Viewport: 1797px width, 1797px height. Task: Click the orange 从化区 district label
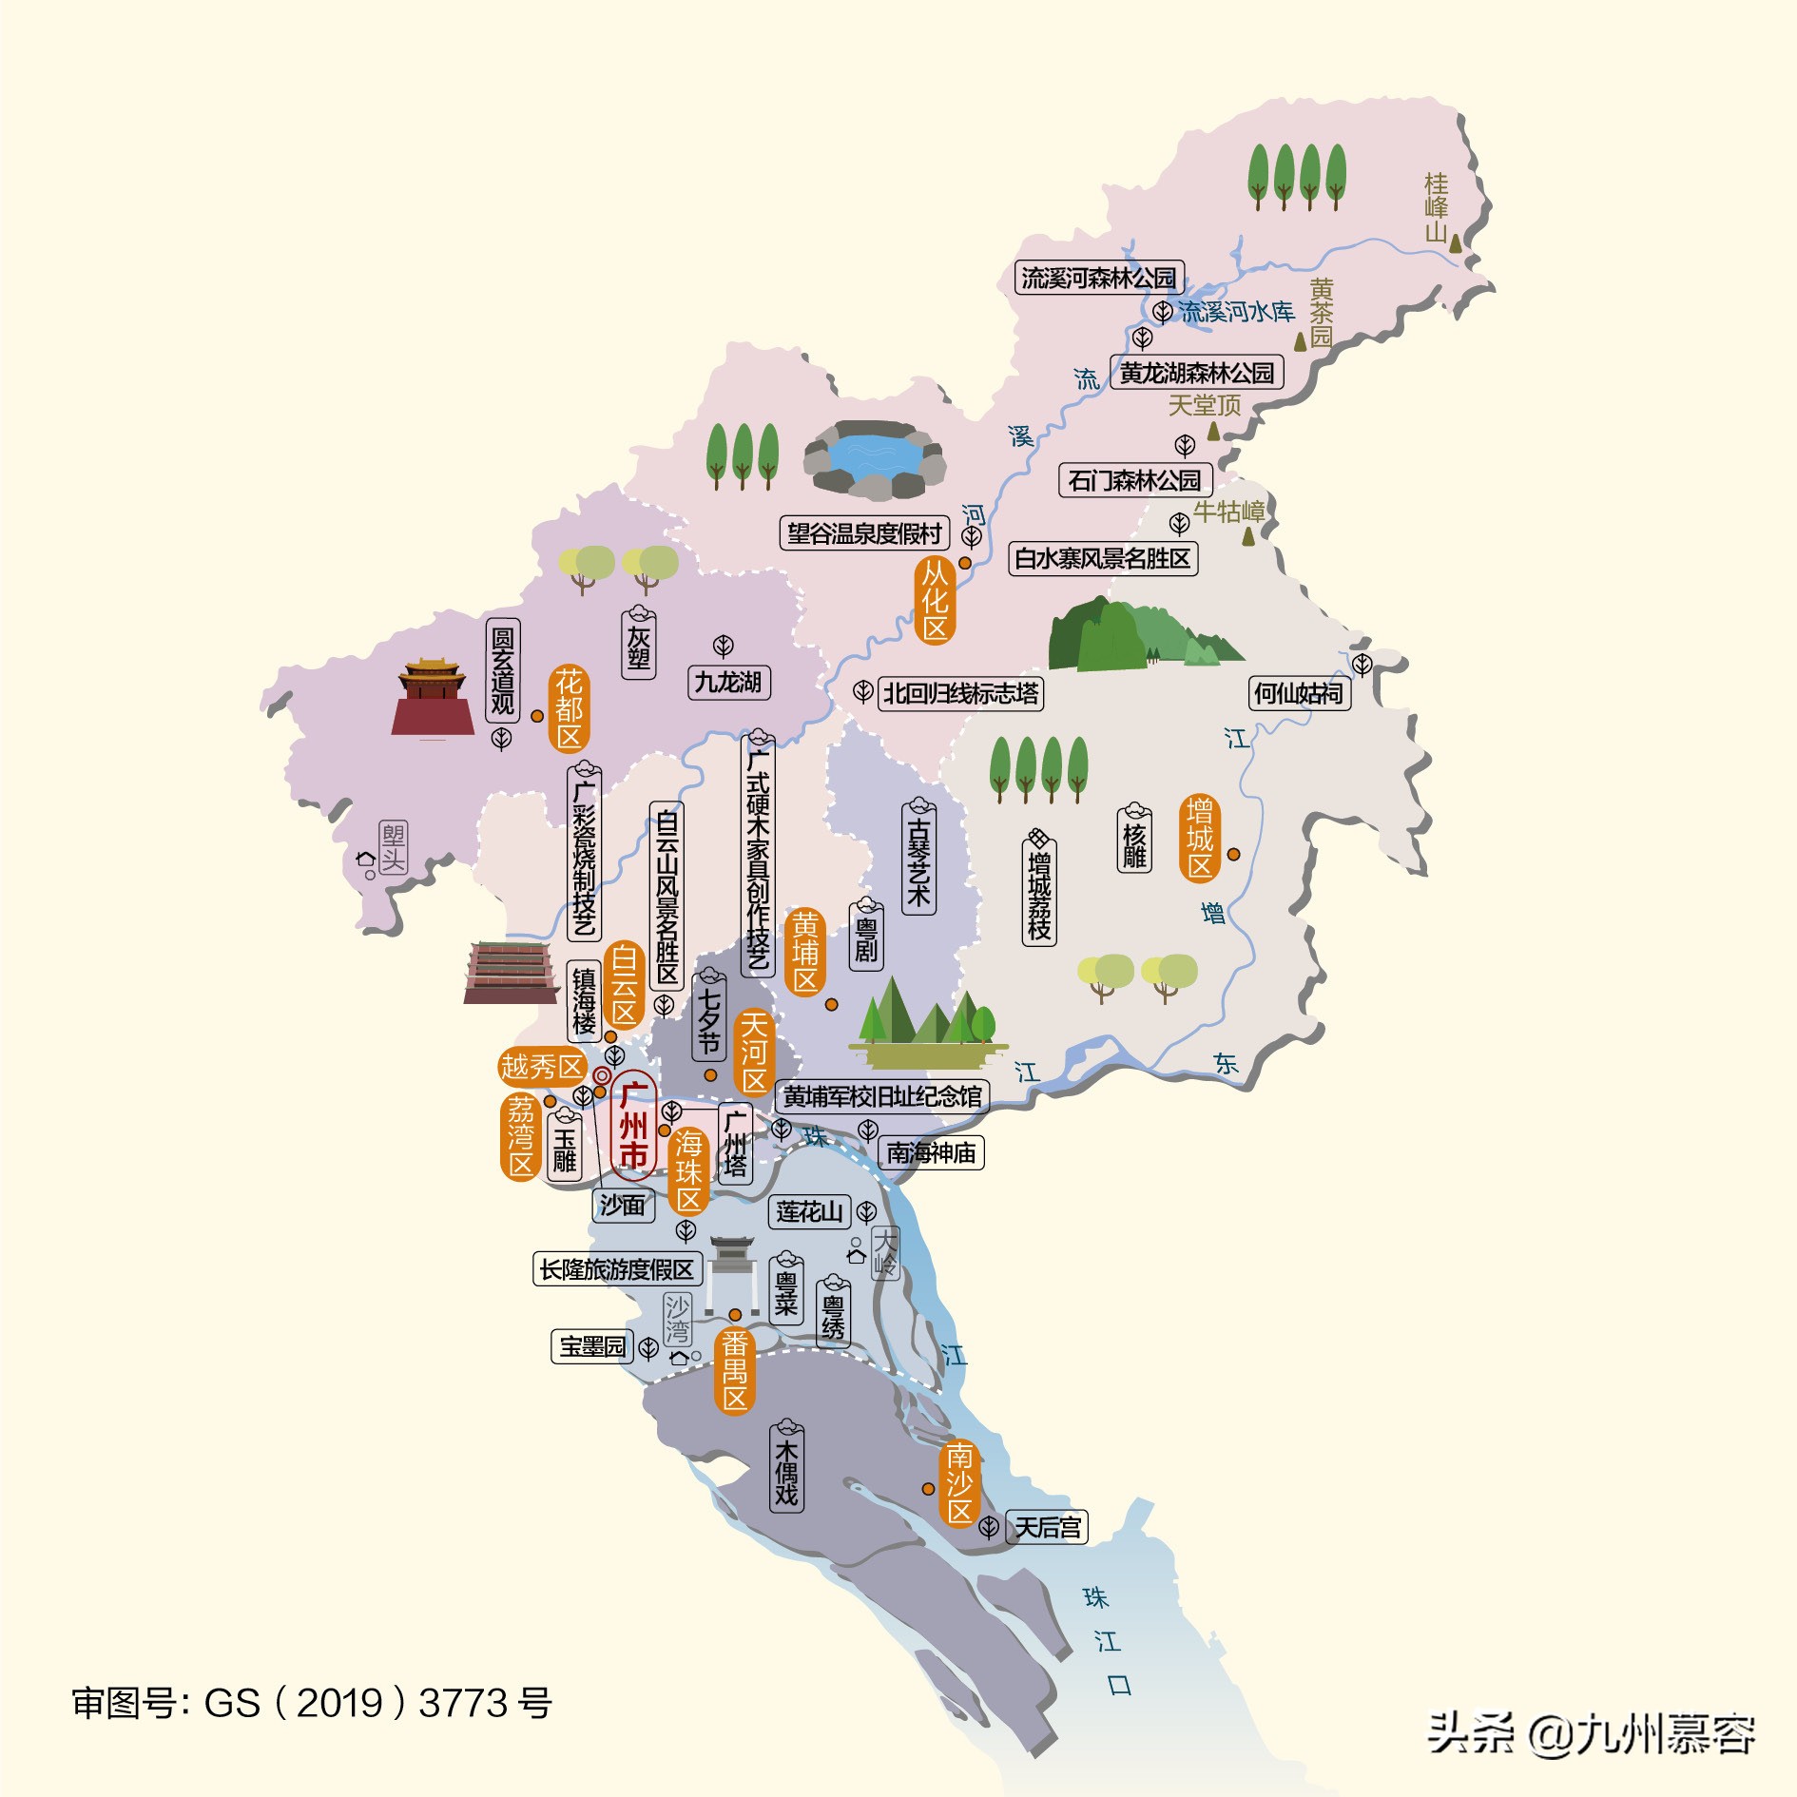coord(935,601)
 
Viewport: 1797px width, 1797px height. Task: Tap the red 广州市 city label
coord(633,1127)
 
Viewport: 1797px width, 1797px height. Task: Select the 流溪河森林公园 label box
coord(1099,278)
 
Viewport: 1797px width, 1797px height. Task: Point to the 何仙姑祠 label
coord(1299,693)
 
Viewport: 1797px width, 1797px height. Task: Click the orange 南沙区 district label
coord(959,1483)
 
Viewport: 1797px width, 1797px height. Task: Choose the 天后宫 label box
coord(1047,1527)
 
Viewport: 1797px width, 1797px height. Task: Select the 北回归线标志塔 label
coord(960,693)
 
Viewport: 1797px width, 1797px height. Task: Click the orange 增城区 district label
coord(1200,839)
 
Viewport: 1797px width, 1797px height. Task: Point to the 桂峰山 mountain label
coord(1436,207)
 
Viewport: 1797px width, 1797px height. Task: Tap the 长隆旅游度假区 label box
coord(617,1268)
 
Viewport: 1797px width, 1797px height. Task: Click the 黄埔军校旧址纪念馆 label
coord(882,1096)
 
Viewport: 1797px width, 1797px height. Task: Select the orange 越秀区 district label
coord(542,1067)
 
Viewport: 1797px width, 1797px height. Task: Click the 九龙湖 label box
coord(728,682)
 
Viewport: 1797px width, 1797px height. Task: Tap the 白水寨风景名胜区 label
coord(1102,558)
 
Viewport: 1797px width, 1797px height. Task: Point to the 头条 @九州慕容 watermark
coord(1591,1732)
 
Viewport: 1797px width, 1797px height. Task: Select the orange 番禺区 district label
coord(734,1370)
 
